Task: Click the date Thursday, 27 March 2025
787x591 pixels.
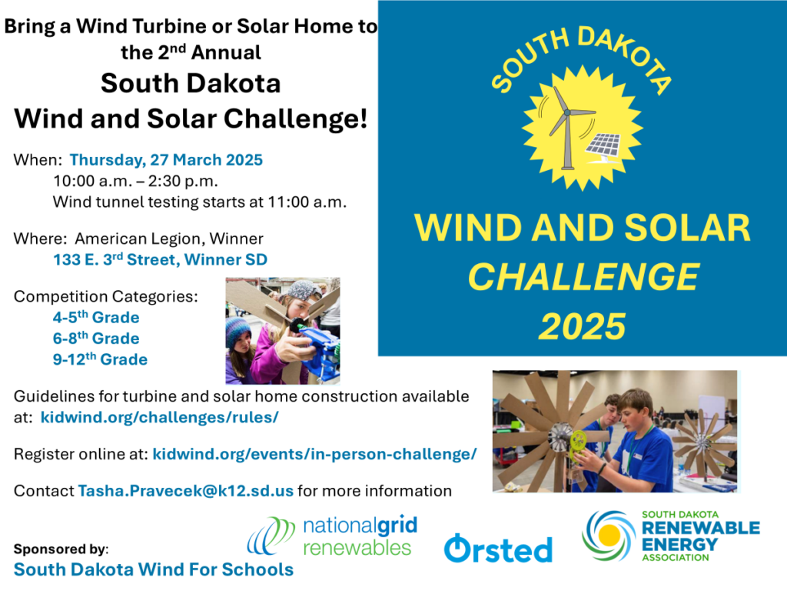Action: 166,160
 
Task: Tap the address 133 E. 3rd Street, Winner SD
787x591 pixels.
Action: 160,259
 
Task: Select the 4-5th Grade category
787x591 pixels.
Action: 96,317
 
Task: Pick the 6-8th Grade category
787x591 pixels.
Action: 96,339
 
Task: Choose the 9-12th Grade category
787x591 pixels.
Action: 100,359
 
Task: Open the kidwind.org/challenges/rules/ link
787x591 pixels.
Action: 159,417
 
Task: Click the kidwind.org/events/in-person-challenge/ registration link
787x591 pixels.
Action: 314,454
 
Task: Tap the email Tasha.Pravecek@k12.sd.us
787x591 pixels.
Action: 186,490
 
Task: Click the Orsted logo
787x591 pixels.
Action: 498,548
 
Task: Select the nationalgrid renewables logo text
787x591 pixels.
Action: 360,536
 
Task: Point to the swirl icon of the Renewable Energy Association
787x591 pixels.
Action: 609,536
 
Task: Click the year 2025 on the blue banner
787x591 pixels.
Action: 583,326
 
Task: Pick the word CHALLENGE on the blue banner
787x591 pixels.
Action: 583,277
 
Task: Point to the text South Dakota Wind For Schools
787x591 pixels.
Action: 154,569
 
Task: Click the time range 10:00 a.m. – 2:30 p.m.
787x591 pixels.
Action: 135,181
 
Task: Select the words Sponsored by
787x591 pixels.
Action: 61,548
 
